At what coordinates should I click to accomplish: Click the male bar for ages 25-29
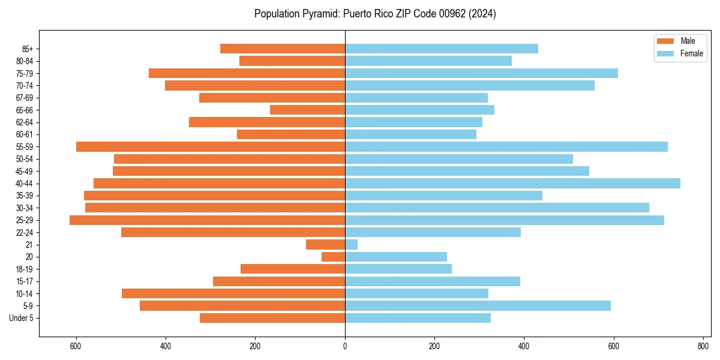[x=207, y=220]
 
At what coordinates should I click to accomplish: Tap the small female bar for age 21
[x=352, y=245]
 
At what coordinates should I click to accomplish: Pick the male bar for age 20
[x=334, y=257]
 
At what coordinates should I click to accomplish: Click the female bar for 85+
[x=441, y=49]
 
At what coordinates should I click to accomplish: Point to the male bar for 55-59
[x=210, y=147]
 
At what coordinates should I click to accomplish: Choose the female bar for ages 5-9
[x=478, y=306]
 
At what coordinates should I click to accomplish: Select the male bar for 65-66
[x=307, y=110]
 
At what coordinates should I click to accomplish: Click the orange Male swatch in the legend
[x=665, y=41]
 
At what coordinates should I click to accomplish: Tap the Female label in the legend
[x=692, y=53]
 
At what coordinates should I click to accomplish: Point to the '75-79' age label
[x=25, y=73]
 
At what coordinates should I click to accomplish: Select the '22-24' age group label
[x=25, y=233]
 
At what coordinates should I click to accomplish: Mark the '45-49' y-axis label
[x=25, y=172]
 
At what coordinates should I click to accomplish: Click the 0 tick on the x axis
[x=345, y=346]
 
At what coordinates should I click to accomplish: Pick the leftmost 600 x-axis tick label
[x=76, y=346]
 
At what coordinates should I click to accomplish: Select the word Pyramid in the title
[x=319, y=14]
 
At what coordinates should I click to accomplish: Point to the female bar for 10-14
[x=416, y=293]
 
